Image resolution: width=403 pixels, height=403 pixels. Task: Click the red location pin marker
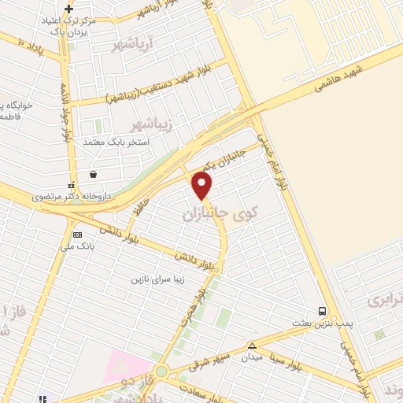[x=203, y=185]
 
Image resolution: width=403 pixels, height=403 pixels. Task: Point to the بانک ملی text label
[x=80, y=246]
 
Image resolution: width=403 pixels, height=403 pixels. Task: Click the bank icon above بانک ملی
[x=77, y=235]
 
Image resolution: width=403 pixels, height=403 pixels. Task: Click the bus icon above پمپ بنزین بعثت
[x=322, y=311]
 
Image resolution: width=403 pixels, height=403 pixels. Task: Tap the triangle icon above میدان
[x=252, y=346]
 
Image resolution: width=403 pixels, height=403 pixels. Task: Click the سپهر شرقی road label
[x=209, y=361]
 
